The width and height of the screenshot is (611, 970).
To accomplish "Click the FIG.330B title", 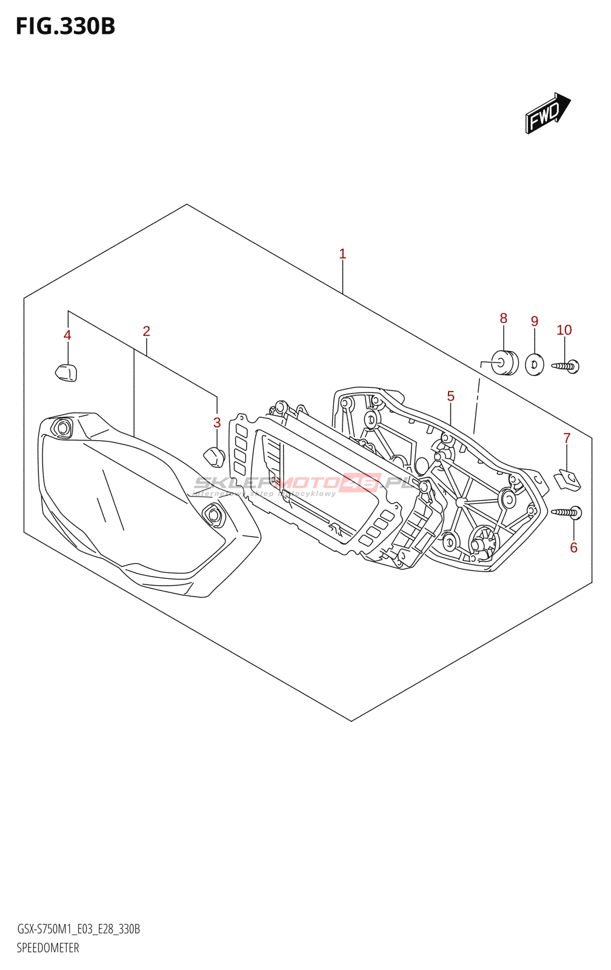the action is pyautogui.click(x=65, y=27).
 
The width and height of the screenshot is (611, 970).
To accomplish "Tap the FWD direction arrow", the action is pyautogui.click(x=547, y=113).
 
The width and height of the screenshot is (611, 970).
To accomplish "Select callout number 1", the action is pyautogui.click(x=342, y=254).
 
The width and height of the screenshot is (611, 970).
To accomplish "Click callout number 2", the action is pyautogui.click(x=146, y=332).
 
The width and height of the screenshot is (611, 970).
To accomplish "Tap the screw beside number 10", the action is pyautogui.click(x=566, y=366).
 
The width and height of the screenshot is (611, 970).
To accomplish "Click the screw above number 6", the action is pyautogui.click(x=567, y=513).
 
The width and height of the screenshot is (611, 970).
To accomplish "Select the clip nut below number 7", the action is pyautogui.click(x=567, y=480).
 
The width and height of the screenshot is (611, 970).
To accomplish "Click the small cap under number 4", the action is pyautogui.click(x=67, y=372).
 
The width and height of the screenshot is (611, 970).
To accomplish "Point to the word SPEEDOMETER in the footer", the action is pyautogui.click(x=48, y=948).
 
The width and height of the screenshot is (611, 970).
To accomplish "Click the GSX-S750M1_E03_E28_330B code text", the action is pyautogui.click(x=78, y=929).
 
